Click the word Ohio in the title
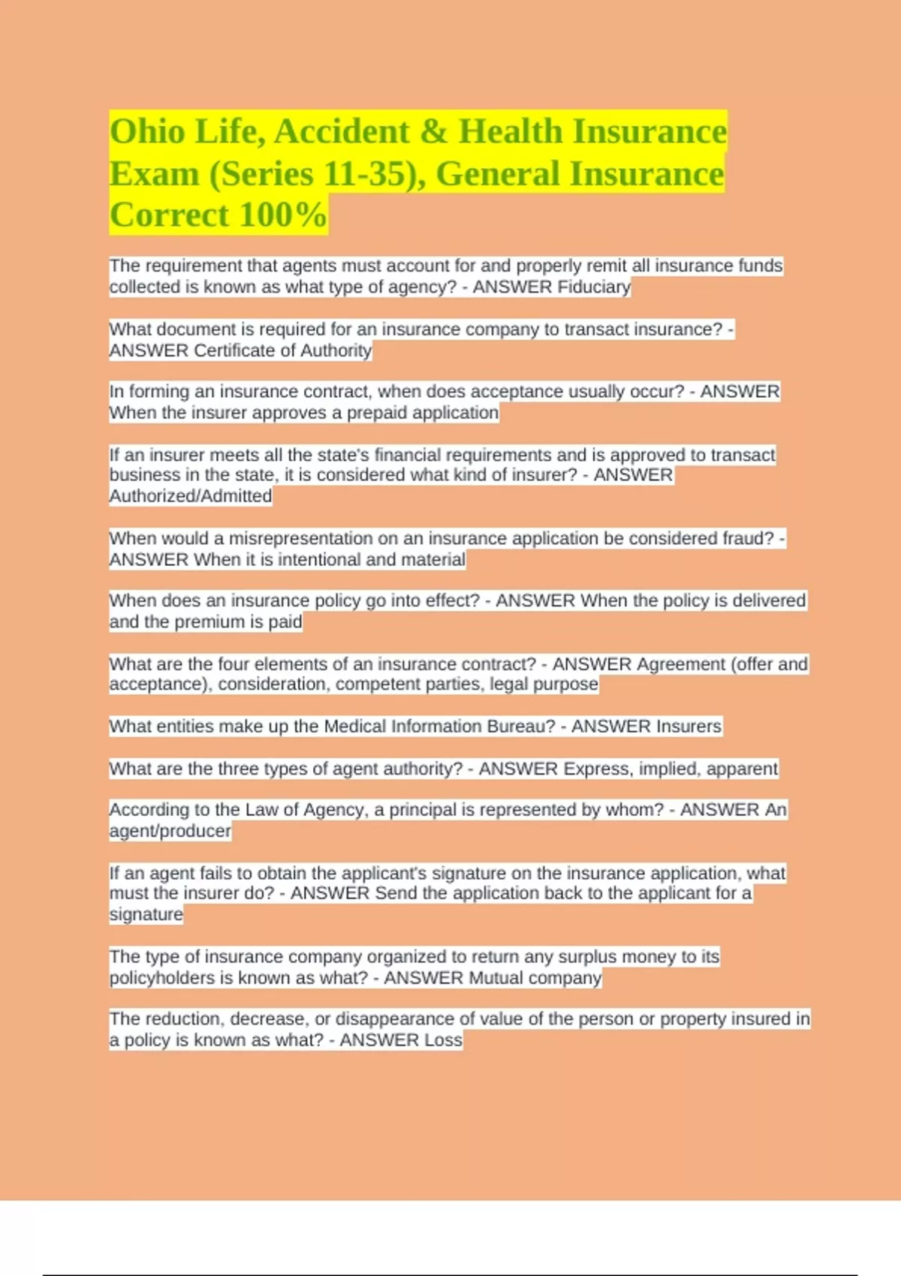click(147, 132)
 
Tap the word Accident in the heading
click(342, 132)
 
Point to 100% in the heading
click(283, 215)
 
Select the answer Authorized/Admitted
click(191, 496)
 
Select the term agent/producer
click(170, 831)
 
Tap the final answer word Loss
click(443, 1040)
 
